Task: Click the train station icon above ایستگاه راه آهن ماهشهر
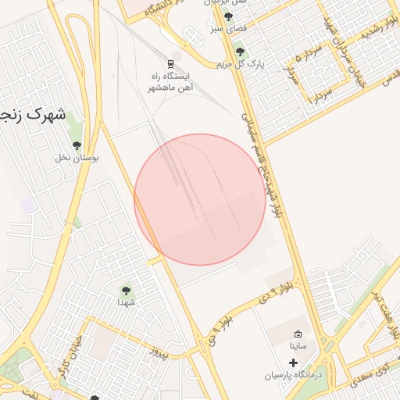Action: click(x=171, y=62)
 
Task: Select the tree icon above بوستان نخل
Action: click(x=77, y=145)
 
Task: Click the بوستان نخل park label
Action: click(x=77, y=158)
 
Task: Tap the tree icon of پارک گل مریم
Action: click(x=239, y=52)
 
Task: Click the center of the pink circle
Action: click(x=200, y=199)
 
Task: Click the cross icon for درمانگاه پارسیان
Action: click(x=294, y=362)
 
